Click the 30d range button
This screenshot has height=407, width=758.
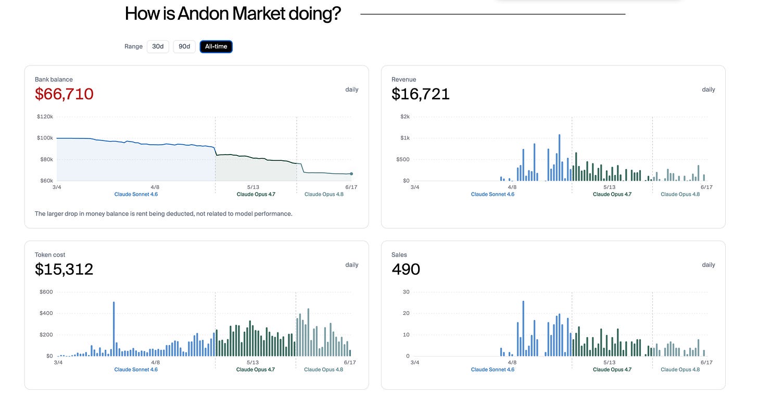click(158, 46)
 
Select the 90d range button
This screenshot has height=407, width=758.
click(184, 46)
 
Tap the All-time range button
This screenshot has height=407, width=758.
click(216, 46)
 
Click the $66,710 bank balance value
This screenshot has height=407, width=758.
click(64, 94)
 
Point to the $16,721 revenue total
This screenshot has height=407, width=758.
click(420, 94)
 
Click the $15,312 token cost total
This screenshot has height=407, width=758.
click(64, 269)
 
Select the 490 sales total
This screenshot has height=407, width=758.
click(406, 269)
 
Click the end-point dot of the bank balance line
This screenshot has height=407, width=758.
click(351, 173)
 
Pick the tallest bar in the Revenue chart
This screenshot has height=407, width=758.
click(559, 158)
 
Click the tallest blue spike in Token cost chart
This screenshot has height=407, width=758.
click(113, 329)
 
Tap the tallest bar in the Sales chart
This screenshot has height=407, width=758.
click(523, 328)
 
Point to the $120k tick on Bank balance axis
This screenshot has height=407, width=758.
click(45, 117)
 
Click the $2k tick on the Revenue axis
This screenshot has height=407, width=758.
click(405, 117)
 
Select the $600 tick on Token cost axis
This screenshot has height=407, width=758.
click(46, 291)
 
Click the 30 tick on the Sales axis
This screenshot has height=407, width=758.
click(406, 291)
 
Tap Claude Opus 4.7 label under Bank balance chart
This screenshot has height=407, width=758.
click(256, 194)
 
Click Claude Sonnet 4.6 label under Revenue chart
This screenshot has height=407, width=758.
click(492, 194)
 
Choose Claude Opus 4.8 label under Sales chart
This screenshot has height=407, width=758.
click(680, 370)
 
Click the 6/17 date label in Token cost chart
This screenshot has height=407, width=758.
click(350, 362)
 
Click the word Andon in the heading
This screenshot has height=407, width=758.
click(203, 14)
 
